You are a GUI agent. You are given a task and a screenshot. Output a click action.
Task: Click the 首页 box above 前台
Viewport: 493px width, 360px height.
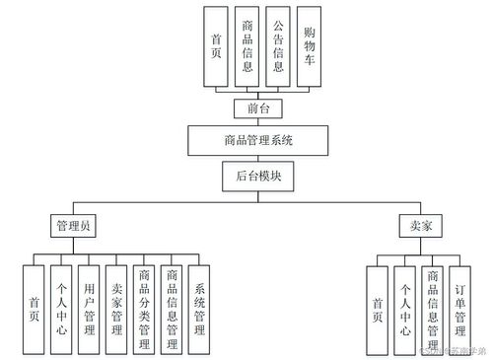click(x=217, y=47)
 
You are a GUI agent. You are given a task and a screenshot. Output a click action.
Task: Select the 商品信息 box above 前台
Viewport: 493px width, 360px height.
click(x=247, y=47)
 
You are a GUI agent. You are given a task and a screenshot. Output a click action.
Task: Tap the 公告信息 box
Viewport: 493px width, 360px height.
click(x=278, y=47)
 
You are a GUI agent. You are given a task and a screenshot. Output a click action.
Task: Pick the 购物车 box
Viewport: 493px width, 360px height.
click(x=309, y=47)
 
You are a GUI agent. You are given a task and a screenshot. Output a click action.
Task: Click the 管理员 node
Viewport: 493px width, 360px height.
click(x=74, y=226)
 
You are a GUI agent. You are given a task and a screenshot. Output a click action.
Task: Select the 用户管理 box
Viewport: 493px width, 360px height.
click(x=89, y=310)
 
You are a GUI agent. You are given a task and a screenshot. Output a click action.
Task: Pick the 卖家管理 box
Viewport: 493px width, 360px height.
click(x=116, y=310)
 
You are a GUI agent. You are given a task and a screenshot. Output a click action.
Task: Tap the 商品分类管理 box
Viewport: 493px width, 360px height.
click(x=144, y=310)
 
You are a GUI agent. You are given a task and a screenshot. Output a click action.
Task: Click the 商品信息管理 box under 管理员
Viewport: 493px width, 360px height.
click(x=172, y=310)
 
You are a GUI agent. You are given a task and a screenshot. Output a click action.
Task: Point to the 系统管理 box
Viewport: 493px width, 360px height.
click(x=199, y=310)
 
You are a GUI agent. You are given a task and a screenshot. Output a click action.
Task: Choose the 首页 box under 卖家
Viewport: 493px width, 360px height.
click(x=378, y=310)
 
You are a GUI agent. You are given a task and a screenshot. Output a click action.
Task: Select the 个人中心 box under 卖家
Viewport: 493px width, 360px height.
click(x=405, y=310)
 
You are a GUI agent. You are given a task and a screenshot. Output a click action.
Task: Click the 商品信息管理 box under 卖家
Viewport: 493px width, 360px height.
click(x=433, y=310)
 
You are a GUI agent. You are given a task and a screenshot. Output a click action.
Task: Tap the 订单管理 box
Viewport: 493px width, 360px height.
click(x=460, y=310)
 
